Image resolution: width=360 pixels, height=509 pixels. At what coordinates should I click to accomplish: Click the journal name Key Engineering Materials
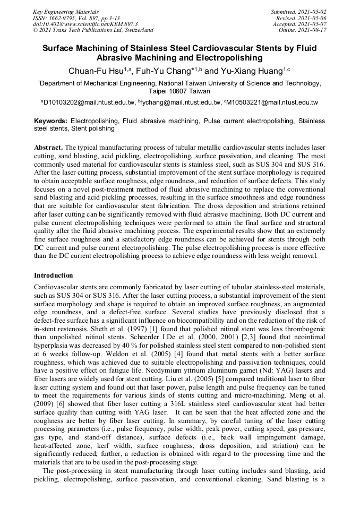(65, 11)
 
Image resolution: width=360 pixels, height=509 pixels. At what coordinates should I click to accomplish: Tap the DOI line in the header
(85, 24)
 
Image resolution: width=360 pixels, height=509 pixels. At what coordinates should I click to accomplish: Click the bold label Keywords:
(51, 121)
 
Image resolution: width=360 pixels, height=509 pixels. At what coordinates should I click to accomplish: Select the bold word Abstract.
(48, 146)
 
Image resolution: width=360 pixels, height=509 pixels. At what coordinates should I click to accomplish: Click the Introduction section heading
(54, 275)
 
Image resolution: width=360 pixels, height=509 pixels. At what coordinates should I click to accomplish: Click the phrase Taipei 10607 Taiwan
(180, 91)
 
